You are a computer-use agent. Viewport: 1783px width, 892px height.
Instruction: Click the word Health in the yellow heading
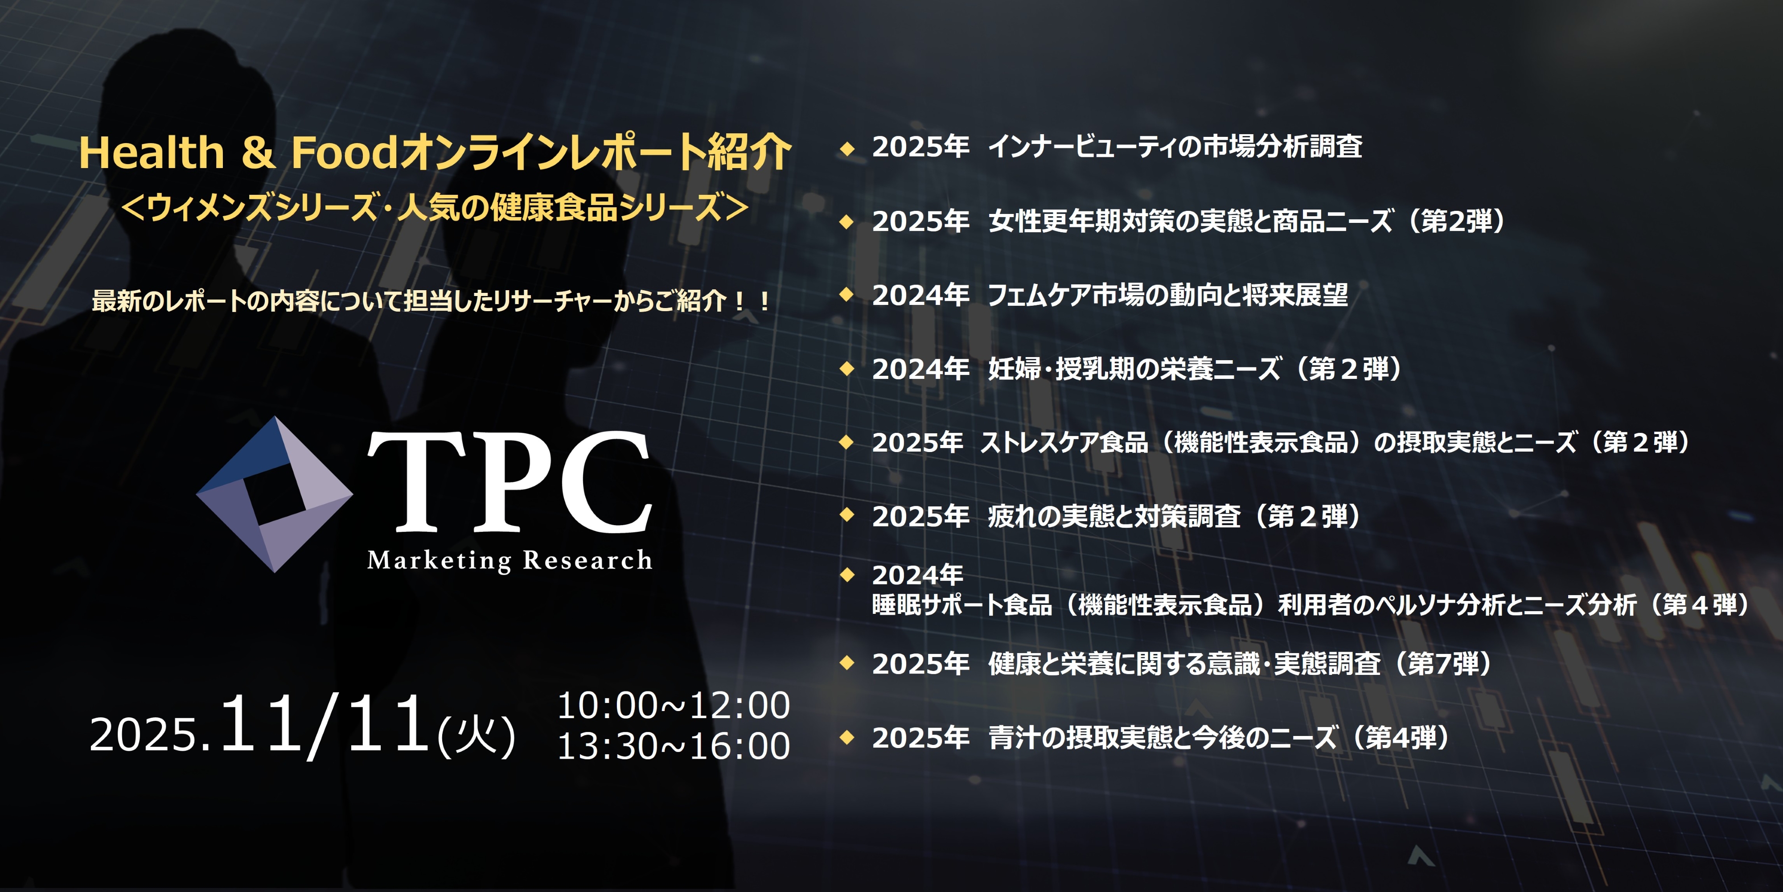[152, 152]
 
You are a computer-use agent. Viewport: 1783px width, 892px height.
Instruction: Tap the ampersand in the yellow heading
[258, 152]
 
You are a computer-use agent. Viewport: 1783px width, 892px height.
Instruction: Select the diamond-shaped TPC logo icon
[275, 494]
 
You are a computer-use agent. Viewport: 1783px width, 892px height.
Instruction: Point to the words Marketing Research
[509, 560]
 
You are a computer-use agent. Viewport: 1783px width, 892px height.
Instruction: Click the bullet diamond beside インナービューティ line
[846, 148]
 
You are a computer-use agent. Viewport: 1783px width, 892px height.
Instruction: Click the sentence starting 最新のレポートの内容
[431, 301]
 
